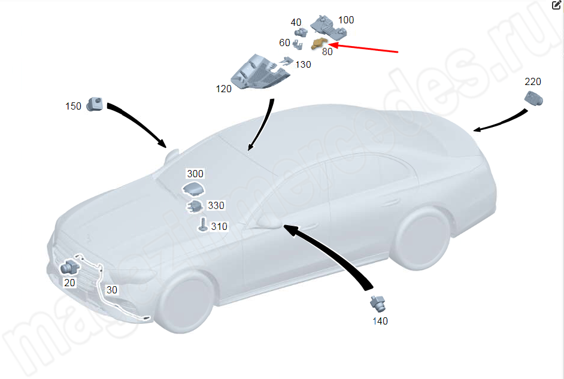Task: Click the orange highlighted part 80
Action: [319, 44]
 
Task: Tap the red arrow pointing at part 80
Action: [363, 48]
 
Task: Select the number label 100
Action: [346, 20]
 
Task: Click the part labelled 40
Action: [301, 32]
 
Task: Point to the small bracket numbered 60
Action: [298, 44]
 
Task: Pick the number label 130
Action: [303, 65]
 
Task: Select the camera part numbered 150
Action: [95, 104]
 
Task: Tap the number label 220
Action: [533, 81]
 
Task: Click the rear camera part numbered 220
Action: [534, 98]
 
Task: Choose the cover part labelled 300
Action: [193, 189]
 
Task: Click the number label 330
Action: [216, 205]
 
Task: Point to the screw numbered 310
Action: [203, 225]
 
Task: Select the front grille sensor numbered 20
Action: [69, 267]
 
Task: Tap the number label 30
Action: [112, 290]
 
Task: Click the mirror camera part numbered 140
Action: [378, 304]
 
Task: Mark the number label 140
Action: [380, 321]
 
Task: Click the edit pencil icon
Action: [556, 5]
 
